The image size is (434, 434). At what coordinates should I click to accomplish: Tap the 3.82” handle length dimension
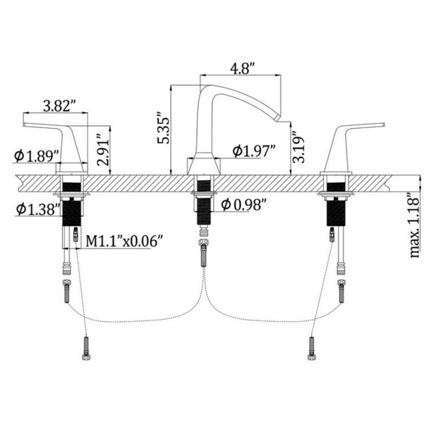pyautogui.click(x=59, y=106)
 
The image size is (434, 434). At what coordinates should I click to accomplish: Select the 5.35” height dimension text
pyautogui.click(x=163, y=127)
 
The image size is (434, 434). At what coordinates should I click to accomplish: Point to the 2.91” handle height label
pyautogui.click(x=103, y=150)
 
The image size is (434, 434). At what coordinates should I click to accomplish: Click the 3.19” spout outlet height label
pyautogui.click(x=298, y=146)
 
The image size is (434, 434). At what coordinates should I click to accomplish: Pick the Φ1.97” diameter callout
pyautogui.click(x=254, y=150)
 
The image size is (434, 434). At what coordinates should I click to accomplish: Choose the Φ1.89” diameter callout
pyautogui.click(x=37, y=156)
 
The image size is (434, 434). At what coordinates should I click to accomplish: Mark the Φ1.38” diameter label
pyautogui.click(x=38, y=209)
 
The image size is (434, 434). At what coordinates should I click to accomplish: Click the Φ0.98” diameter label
pyautogui.click(x=244, y=205)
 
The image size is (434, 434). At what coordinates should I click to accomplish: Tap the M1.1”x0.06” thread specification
pyautogui.click(x=124, y=241)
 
